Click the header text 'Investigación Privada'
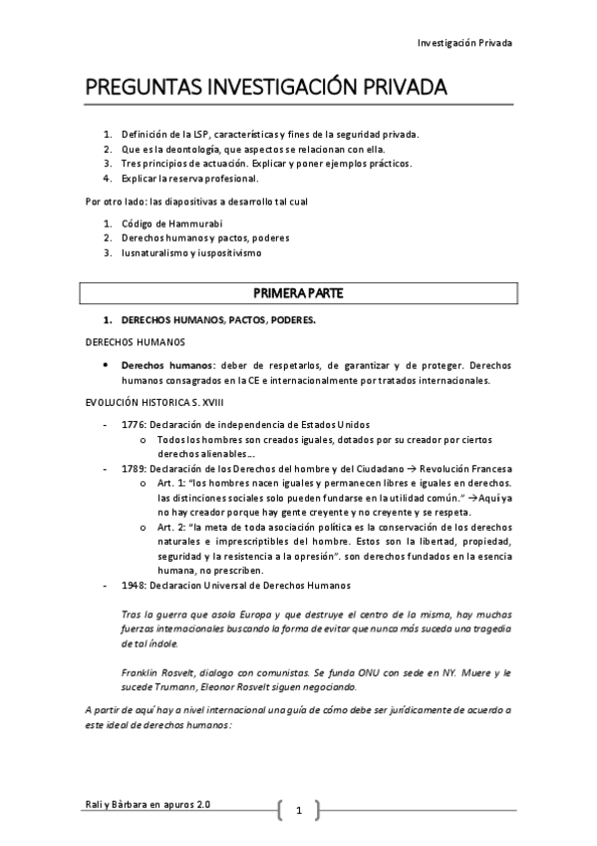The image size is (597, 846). pyautogui.click(x=463, y=43)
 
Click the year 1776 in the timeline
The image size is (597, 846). pyautogui.click(x=134, y=424)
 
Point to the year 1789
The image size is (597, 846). pyautogui.click(x=134, y=469)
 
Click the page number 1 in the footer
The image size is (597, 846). pyautogui.click(x=298, y=811)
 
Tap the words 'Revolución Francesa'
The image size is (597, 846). pyautogui.click(x=463, y=469)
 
